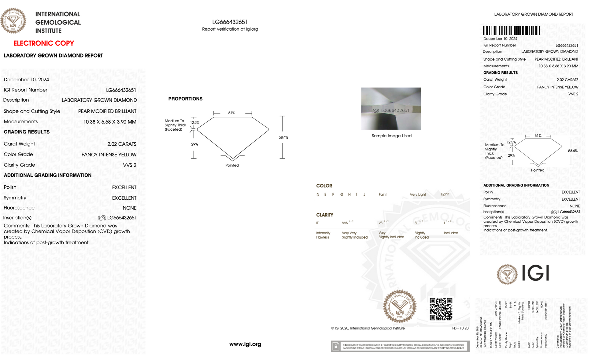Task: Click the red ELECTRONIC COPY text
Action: pos(44,43)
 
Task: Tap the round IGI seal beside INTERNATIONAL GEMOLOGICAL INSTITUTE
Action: pos(13,21)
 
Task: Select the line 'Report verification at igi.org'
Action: pos(230,29)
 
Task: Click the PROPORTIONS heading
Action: pos(185,99)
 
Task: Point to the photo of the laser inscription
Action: pos(391,109)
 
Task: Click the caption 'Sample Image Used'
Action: pos(391,136)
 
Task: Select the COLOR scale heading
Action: pos(324,186)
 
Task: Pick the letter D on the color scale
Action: pos(318,195)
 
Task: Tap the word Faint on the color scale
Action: pos(382,195)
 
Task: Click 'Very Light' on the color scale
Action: pos(418,195)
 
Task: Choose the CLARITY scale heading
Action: pos(325,215)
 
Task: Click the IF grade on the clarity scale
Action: pos(317,223)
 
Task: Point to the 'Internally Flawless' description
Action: pos(323,235)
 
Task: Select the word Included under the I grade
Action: pos(451,233)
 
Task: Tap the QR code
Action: pos(441,309)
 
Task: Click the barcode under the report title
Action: pos(511,31)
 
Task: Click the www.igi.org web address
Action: pos(245,344)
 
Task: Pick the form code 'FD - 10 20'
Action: pos(460,328)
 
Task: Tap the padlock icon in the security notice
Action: pos(336,346)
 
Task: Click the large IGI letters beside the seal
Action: pos(535,273)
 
